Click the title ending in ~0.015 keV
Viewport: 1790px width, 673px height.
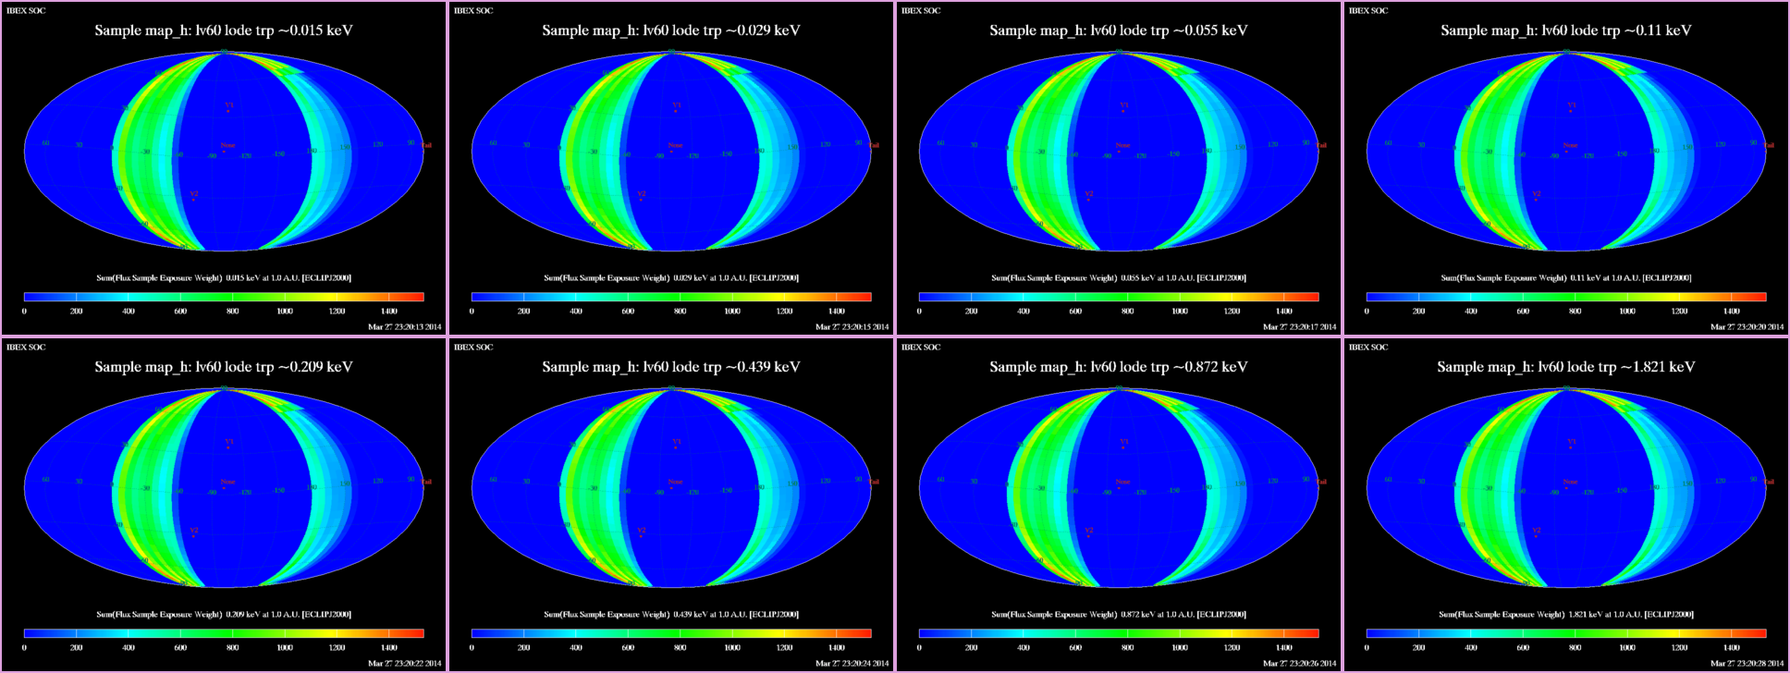[224, 31]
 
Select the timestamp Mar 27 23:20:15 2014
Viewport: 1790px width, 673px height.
[852, 326]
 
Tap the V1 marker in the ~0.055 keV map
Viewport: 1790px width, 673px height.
[1124, 105]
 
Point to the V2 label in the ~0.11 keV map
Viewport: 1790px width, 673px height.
[1537, 194]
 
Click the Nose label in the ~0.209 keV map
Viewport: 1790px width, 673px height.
[227, 482]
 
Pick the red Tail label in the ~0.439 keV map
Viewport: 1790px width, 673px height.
[874, 482]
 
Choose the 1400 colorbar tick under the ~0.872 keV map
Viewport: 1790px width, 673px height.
[1283, 648]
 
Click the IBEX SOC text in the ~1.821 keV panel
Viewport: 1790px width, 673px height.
[1368, 348]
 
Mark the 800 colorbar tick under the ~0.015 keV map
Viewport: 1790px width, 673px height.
[233, 312]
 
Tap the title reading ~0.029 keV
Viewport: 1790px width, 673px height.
[671, 31]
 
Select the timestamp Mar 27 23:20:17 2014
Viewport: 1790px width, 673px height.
[1299, 326]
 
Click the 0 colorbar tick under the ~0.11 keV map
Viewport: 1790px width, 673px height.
[1367, 312]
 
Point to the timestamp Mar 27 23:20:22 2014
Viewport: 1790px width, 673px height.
[404, 663]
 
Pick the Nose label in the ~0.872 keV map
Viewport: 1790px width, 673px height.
[1122, 482]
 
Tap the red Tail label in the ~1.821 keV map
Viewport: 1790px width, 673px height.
[1769, 482]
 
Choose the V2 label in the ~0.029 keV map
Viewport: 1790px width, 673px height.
[642, 194]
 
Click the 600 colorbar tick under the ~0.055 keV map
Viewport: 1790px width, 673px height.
[1075, 312]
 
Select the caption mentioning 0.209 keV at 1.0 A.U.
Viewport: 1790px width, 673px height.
[224, 615]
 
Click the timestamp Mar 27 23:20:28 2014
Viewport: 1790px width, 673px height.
[1747, 663]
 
